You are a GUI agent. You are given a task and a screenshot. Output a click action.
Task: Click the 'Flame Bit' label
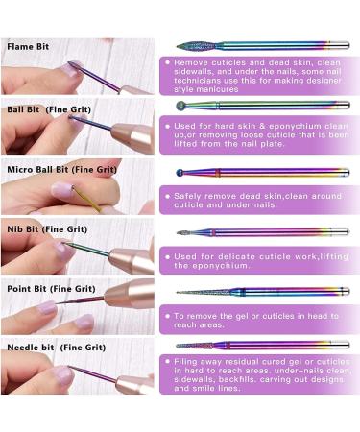point(28,47)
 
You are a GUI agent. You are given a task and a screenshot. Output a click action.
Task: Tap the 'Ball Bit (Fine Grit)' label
point(49,109)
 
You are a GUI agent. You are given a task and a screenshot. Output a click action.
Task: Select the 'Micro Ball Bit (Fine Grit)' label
point(61,170)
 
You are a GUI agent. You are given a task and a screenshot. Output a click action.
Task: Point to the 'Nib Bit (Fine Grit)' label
point(47,229)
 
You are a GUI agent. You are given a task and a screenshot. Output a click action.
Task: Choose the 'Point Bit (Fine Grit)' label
point(51,289)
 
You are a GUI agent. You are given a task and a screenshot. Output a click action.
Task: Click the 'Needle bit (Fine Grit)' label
point(57,348)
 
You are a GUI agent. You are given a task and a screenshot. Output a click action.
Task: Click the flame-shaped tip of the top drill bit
point(195,46)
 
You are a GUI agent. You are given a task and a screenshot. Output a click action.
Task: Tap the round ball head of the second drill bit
point(180,106)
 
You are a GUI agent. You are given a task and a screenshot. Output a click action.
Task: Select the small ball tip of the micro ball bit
point(180,173)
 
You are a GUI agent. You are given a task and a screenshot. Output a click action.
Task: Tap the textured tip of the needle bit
point(194,346)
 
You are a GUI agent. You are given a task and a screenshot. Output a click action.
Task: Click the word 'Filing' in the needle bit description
point(185,362)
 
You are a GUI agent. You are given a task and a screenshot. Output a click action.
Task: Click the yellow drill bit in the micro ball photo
point(87,199)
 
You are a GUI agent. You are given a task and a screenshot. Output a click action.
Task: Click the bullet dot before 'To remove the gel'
point(167,316)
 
